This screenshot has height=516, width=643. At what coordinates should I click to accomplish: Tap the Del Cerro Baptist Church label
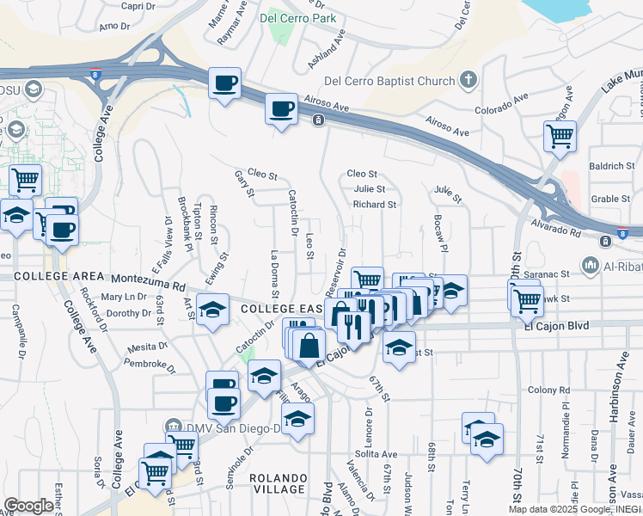tap(389, 82)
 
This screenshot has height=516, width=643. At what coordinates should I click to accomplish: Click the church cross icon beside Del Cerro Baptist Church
tap(468, 82)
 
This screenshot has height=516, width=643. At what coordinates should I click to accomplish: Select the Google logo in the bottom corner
tap(28, 506)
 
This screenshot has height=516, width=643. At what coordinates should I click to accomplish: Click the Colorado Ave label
tap(499, 110)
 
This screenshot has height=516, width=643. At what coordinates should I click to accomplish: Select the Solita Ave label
tap(377, 454)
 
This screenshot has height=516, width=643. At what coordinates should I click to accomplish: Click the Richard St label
tap(374, 205)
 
